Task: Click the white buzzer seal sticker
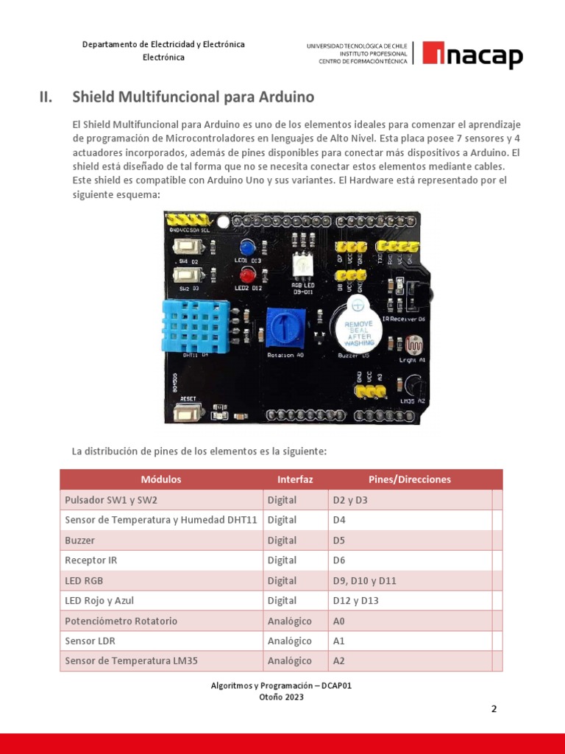coord(358,333)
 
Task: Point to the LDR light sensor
coord(410,345)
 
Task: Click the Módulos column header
coord(161,479)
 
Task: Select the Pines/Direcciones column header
coord(409,479)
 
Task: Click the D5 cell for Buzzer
coord(338,540)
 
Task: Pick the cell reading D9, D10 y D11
coord(364,580)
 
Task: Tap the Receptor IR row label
coord(90,560)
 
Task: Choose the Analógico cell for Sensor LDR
coord(289,641)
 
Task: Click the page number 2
coord(494,709)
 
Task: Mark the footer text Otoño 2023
coord(281,697)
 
